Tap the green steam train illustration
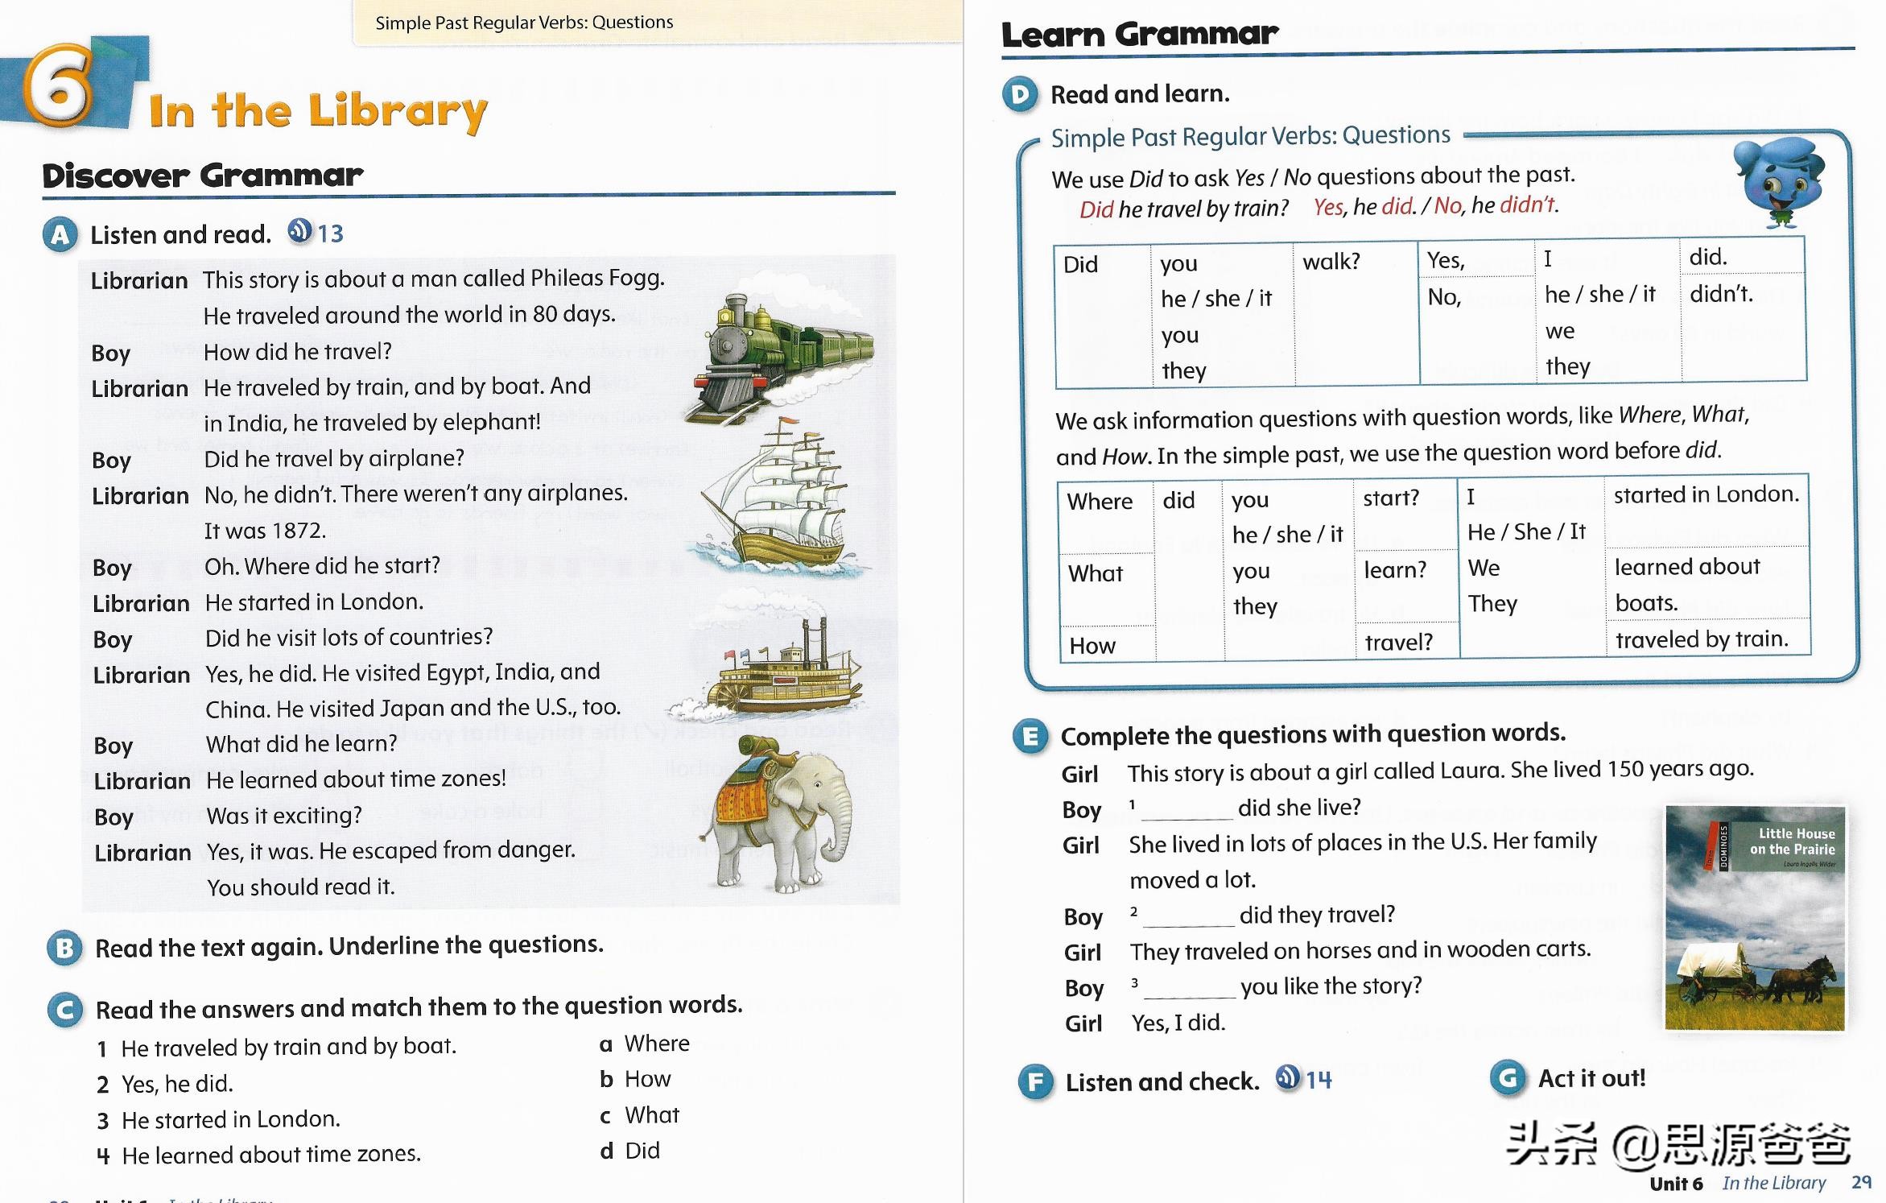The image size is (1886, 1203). [777, 354]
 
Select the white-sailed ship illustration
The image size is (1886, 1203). [777, 495]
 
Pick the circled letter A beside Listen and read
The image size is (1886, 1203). [60, 235]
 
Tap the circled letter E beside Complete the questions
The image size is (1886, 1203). [1031, 736]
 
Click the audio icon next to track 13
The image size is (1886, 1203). [299, 232]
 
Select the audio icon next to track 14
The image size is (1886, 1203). [1288, 1077]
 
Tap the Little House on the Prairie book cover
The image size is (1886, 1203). [1755, 918]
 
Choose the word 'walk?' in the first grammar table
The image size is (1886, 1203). [1331, 262]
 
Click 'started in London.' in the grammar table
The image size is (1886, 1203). [1706, 494]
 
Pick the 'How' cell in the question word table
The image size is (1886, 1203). [1092, 646]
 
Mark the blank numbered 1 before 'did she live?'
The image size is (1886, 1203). [1186, 810]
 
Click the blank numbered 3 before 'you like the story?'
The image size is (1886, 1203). [1189, 989]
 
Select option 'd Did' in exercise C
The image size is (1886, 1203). [631, 1151]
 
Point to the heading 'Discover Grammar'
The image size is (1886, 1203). [203, 176]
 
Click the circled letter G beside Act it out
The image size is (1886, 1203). [1508, 1078]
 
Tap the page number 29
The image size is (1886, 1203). [1861, 1182]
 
